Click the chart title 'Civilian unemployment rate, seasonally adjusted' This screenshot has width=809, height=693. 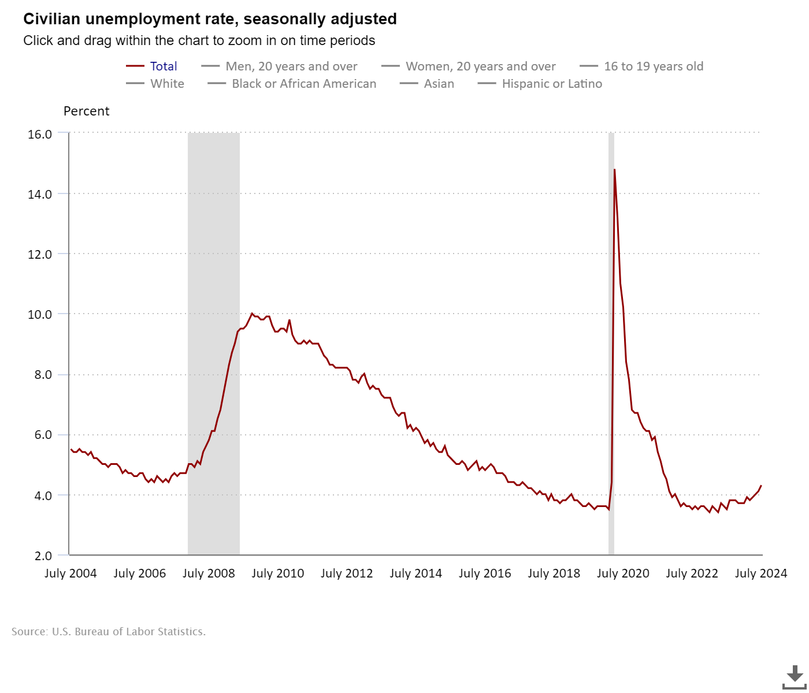(x=210, y=19)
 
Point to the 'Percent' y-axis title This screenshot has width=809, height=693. (x=86, y=111)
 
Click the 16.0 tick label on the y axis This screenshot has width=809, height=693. (x=40, y=134)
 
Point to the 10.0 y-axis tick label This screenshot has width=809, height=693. (x=40, y=315)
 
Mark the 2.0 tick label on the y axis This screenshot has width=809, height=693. (x=43, y=556)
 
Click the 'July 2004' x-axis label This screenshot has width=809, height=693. (x=70, y=573)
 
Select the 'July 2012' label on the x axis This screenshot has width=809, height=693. (x=347, y=573)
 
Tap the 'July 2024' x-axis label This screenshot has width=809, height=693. (x=760, y=573)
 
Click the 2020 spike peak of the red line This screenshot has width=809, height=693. (x=614, y=170)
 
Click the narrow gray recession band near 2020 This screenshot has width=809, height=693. (x=611, y=346)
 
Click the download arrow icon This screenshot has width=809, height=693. (x=795, y=676)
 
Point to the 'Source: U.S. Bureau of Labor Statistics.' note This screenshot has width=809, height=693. (x=109, y=632)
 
